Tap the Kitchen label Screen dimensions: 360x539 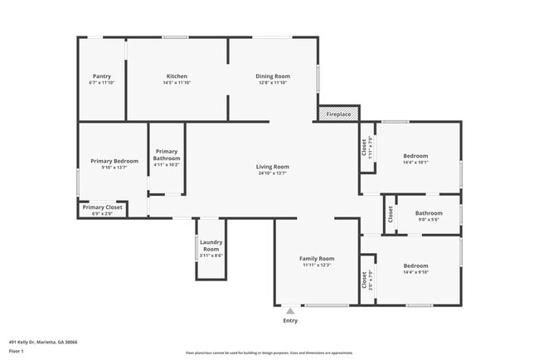tap(177, 76)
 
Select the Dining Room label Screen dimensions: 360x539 tap(272, 76)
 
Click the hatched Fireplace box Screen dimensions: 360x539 tap(338, 114)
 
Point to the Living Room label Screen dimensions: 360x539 tap(272, 167)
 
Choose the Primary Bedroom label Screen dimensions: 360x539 tap(114, 161)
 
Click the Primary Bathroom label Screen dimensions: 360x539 tap(167, 154)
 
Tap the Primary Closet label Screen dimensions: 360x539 tap(102, 207)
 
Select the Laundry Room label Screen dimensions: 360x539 tap(211, 246)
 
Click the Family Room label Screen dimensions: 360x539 tap(317, 259)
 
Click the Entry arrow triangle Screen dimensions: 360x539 tap(290, 311)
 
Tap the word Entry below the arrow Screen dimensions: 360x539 tap(290, 321)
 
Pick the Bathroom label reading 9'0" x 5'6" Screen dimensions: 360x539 tap(429, 213)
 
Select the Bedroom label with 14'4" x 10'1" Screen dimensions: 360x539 tap(415, 156)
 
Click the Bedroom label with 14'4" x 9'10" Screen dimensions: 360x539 tap(415, 266)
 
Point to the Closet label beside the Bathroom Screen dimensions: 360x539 tap(390, 214)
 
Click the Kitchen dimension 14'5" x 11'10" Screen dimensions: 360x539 tap(177, 83)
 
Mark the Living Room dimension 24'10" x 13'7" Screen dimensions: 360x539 tap(272, 173)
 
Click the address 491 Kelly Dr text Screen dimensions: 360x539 tap(42, 341)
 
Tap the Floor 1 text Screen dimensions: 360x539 tap(17, 351)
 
